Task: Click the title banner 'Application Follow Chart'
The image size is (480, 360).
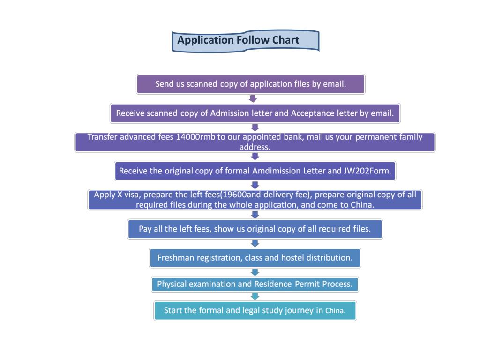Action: (x=246, y=41)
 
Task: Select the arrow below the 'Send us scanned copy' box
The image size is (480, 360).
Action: (x=253, y=98)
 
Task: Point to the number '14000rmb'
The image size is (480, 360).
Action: (x=195, y=137)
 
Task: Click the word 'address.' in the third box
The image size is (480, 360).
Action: (x=255, y=147)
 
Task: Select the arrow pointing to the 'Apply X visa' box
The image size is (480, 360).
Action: (x=255, y=185)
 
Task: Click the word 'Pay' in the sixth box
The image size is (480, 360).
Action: (x=145, y=229)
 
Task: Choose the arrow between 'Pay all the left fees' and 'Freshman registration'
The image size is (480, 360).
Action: (x=255, y=243)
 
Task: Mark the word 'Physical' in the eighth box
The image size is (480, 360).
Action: (x=172, y=284)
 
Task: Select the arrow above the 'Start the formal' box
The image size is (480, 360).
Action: (x=255, y=296)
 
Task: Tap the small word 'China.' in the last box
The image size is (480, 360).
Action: (x=335, y=311)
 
